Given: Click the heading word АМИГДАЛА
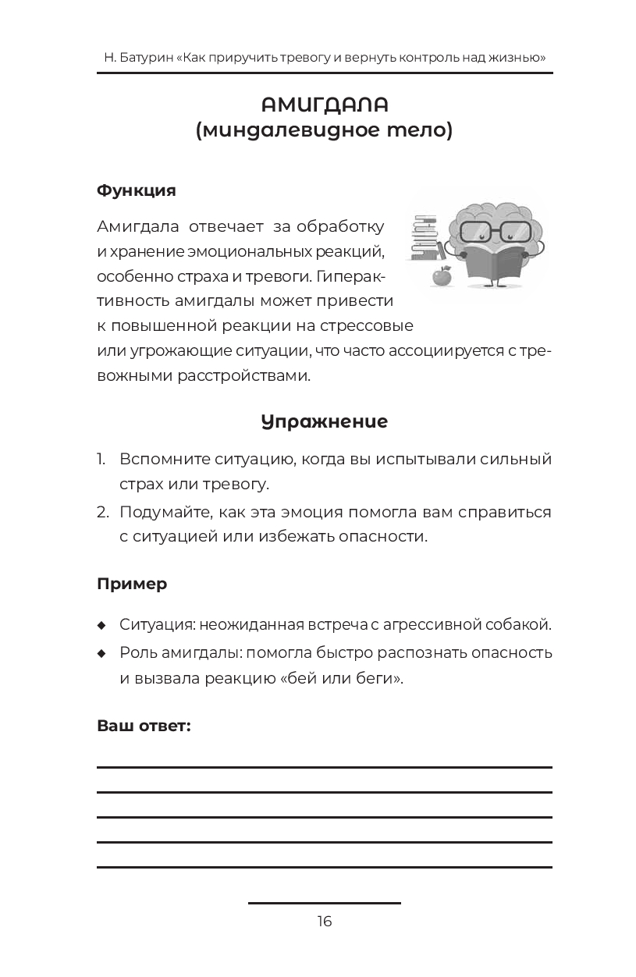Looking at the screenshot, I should pyautogui.click(x=324, y=105).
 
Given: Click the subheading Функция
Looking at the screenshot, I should pyautogui.click(x=137, y=190).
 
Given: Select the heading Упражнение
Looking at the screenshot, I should pyautogui.click(x=324, y=421).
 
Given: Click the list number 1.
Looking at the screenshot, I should pyautogui.click(x=101, y=459).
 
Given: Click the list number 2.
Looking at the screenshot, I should pyautogui.click(x=102, y=513).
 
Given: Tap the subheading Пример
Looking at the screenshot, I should pyautogui.click(x=132, y=584).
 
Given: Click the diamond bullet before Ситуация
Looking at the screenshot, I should pyautogui.click(x=101, y=626).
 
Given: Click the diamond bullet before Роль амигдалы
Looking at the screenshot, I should pyautogui.click(x=101, y=653).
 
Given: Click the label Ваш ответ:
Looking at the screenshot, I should pyautogui.click(x=144, y=726).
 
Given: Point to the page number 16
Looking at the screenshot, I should pyautogui.click(x=325, y=921).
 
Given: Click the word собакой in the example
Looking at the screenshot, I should pyautogui.click(x=515, y=625).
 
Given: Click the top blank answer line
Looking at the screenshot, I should pyautogui.click(x=324, y=768).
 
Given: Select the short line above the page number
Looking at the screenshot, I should pyautogui.click(x=324, y=903).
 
